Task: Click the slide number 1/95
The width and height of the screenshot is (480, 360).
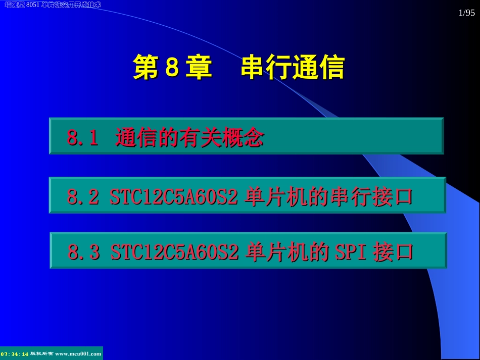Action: (x=466, y=14)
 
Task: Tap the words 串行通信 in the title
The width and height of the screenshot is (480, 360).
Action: (x=293, y=68)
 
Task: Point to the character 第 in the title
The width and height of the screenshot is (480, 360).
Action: (x=146, y=68)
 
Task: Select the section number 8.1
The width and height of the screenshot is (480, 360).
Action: (x=82, y=137)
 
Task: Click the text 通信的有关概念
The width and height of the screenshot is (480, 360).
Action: (x=189, y=137)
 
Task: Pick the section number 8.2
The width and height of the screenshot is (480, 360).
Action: (x=83, y=197)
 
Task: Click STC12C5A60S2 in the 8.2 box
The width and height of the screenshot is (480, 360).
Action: (x=173, y=197)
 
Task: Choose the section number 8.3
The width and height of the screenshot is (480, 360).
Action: (x=84, y=252)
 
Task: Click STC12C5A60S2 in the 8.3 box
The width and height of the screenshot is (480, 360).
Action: (x=174, y=252)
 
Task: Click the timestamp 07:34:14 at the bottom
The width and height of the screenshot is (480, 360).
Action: (x=15, y=354)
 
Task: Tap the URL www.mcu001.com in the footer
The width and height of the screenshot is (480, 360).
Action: (x=78, y=354)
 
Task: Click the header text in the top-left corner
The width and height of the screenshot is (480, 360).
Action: (x=53, y=5)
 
